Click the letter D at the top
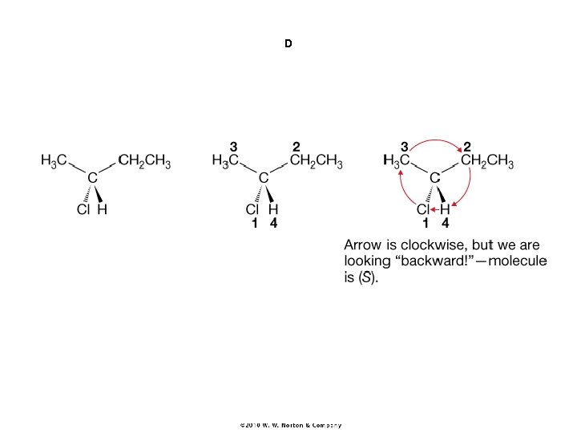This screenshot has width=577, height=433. [288, 43]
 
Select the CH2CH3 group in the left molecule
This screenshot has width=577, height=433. [144, 161]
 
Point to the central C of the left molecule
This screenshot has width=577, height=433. [92, 176]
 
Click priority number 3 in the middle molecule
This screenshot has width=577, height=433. [233, 147]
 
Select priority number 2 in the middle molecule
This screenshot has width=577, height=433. [296, 147]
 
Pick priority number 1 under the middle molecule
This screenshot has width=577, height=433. [253, 225]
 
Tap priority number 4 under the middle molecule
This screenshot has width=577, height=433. [274, 225]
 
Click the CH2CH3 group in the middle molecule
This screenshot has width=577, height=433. [317, 161]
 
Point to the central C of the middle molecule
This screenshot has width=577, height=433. [264, 176]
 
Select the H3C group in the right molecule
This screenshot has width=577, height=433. [397, 161]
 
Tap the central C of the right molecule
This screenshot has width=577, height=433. [434, 176]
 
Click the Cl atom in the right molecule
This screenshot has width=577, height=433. [424, 210]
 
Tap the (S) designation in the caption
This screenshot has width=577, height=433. [365, 279]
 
